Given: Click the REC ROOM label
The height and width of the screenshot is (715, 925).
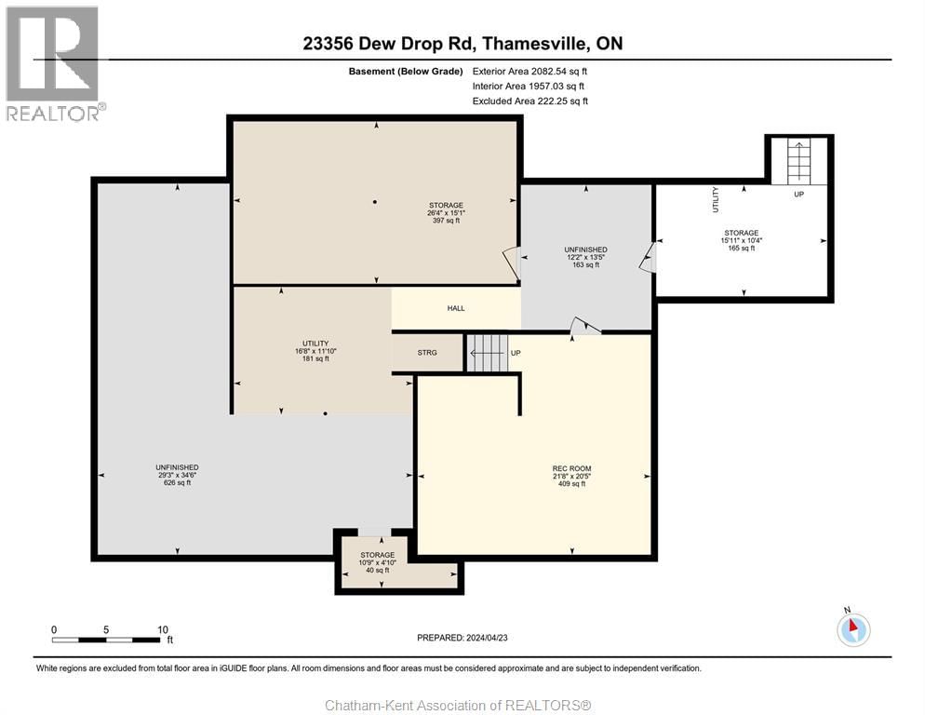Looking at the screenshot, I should (571, 467).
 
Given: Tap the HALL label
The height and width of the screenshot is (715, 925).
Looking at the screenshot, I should (456, 308).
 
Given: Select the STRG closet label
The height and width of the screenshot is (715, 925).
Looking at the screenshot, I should (427, 353).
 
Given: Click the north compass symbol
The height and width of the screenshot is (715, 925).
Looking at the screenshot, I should (853, 629).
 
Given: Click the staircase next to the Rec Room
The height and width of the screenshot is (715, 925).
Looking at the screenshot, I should (486, 354).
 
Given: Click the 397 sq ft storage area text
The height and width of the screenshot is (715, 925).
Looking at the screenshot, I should (446, 221).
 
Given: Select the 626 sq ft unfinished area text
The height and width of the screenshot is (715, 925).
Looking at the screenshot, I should (177, 482).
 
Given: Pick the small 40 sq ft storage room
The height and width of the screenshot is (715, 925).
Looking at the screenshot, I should (378, 561).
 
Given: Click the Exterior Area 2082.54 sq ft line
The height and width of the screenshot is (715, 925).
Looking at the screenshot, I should (530, 71).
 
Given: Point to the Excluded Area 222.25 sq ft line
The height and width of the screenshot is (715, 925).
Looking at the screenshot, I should (530, 101).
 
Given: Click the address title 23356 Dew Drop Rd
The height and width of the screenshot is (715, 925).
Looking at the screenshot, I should (462, 43).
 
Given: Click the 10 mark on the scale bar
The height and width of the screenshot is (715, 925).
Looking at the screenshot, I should (162, 629).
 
